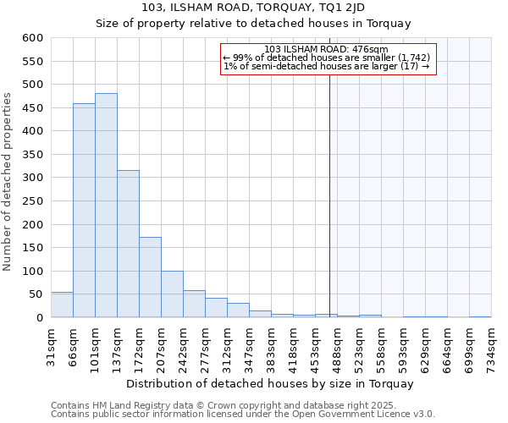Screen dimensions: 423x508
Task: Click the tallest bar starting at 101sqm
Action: click(x=106, y=206)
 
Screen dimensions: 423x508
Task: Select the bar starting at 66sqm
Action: click(x=84, y=211)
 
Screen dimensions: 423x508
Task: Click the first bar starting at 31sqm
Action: click(x=62, y=305)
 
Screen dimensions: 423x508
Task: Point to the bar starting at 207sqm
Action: click(x=172, y=294)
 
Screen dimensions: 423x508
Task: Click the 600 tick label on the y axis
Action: click(x=32, y=38)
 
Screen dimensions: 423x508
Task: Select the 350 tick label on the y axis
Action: click(x=32, y=155)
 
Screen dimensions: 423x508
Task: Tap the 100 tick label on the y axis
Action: click(x=32, y=272)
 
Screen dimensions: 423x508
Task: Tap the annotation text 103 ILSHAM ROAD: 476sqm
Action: click(x=326, y=49)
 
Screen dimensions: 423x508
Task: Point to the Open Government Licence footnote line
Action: click(x=242, y=415)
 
